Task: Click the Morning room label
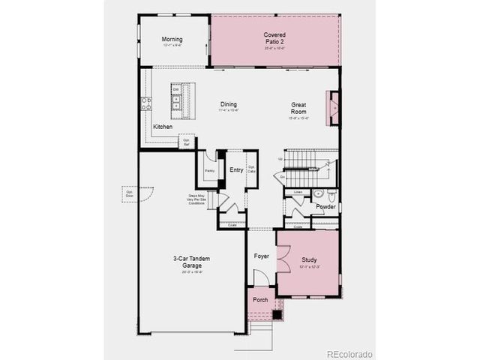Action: point(172,40)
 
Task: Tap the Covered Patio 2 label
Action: point(274,38)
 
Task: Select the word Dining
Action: point(229,104)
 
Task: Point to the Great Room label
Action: point(300,107)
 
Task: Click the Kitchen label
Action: point(163,127)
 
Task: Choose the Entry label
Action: point(236,169)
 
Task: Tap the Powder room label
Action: point(325,206)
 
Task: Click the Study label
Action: point(309,259)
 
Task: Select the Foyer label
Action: point(261,256)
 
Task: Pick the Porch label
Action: point(260,300)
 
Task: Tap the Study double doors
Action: point(282,260)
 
